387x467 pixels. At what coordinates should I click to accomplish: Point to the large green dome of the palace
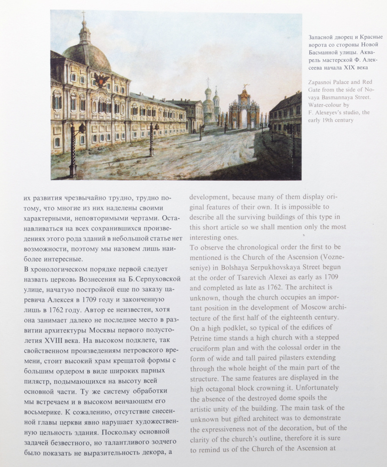(x=87, y=55)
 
